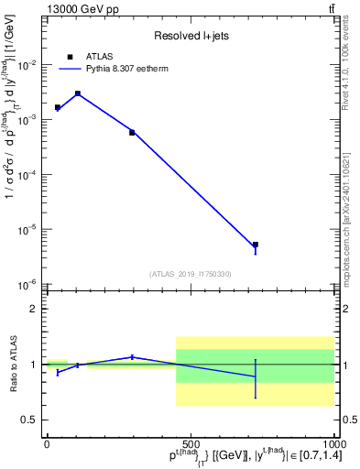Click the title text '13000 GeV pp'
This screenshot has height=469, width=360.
(76, 8)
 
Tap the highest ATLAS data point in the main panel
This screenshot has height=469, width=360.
(78, 93)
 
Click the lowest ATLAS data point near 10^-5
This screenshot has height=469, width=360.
(256, 245)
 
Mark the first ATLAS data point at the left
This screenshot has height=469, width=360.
(58, 108)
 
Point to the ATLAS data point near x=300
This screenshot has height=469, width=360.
(132, 132)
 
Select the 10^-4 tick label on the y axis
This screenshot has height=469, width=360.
(30, 174)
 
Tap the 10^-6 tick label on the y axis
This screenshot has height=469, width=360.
(30, 284)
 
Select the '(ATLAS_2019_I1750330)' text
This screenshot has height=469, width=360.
(190, 273)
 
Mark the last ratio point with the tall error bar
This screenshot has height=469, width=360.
(256, 376)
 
